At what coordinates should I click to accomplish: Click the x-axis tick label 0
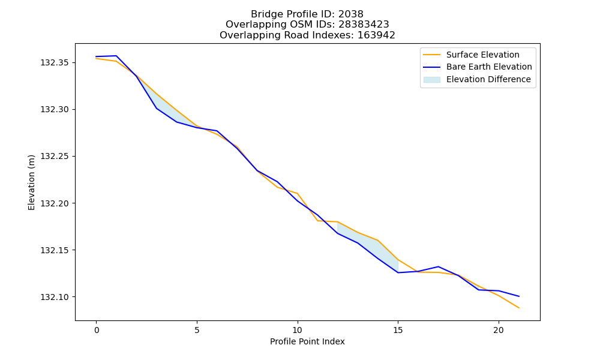click(97, 330)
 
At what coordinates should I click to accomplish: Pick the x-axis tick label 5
click(197, 330)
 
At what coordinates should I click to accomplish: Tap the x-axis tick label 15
click(398, 330)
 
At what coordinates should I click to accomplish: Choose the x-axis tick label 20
click(499, 330)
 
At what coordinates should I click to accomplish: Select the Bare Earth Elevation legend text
click(489, 67)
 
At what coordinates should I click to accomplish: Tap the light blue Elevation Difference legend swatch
click(431, 80)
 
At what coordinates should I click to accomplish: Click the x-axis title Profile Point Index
click(307, 341)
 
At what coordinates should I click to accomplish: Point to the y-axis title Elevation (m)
click(31, 182)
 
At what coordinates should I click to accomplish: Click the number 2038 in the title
click(350, 14)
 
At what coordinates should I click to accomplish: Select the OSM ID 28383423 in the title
click(364, 25)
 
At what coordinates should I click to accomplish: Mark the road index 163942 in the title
click(376, 35)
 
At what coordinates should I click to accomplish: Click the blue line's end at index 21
click(519, 296)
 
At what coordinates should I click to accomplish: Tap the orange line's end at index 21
click(519, 308)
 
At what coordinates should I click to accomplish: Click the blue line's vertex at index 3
click(157, 108)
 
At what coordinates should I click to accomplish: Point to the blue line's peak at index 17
click(438, 266)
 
